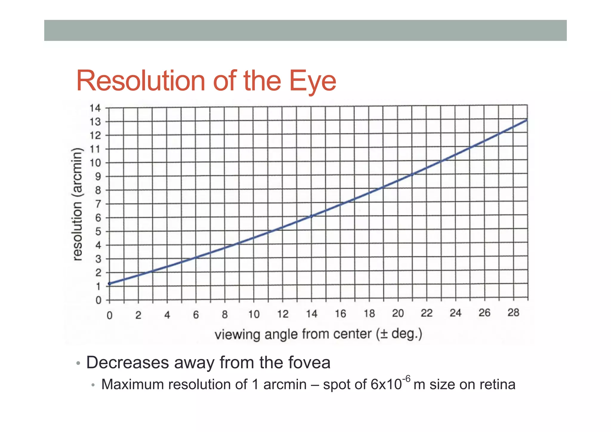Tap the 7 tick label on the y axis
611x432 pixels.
(98, 204)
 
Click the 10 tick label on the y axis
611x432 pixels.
(95, 163)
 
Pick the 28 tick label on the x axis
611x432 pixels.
(513, 313)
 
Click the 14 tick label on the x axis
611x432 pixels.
(311, 314)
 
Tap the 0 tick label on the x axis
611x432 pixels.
(109, 315)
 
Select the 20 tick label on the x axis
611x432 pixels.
(398, 313)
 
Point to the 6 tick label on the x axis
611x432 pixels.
(196, 315)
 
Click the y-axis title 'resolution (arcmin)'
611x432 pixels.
(77, 205)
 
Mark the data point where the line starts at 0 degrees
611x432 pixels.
(109, 284)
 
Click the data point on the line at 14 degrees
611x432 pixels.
(311, 216)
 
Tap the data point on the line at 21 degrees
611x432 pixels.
(412, 175)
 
